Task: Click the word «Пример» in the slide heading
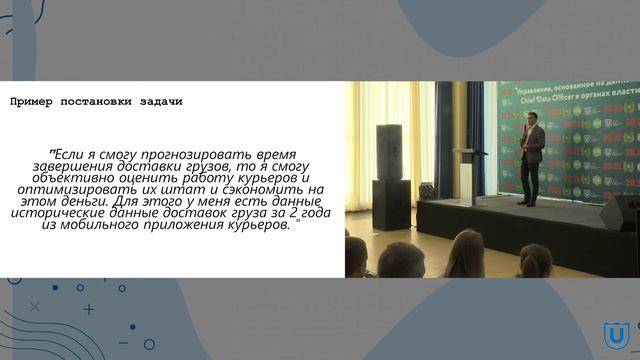[x=31, y=102]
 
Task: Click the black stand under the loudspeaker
[x=389, y=206]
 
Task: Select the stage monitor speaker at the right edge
[x=620, y=213]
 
